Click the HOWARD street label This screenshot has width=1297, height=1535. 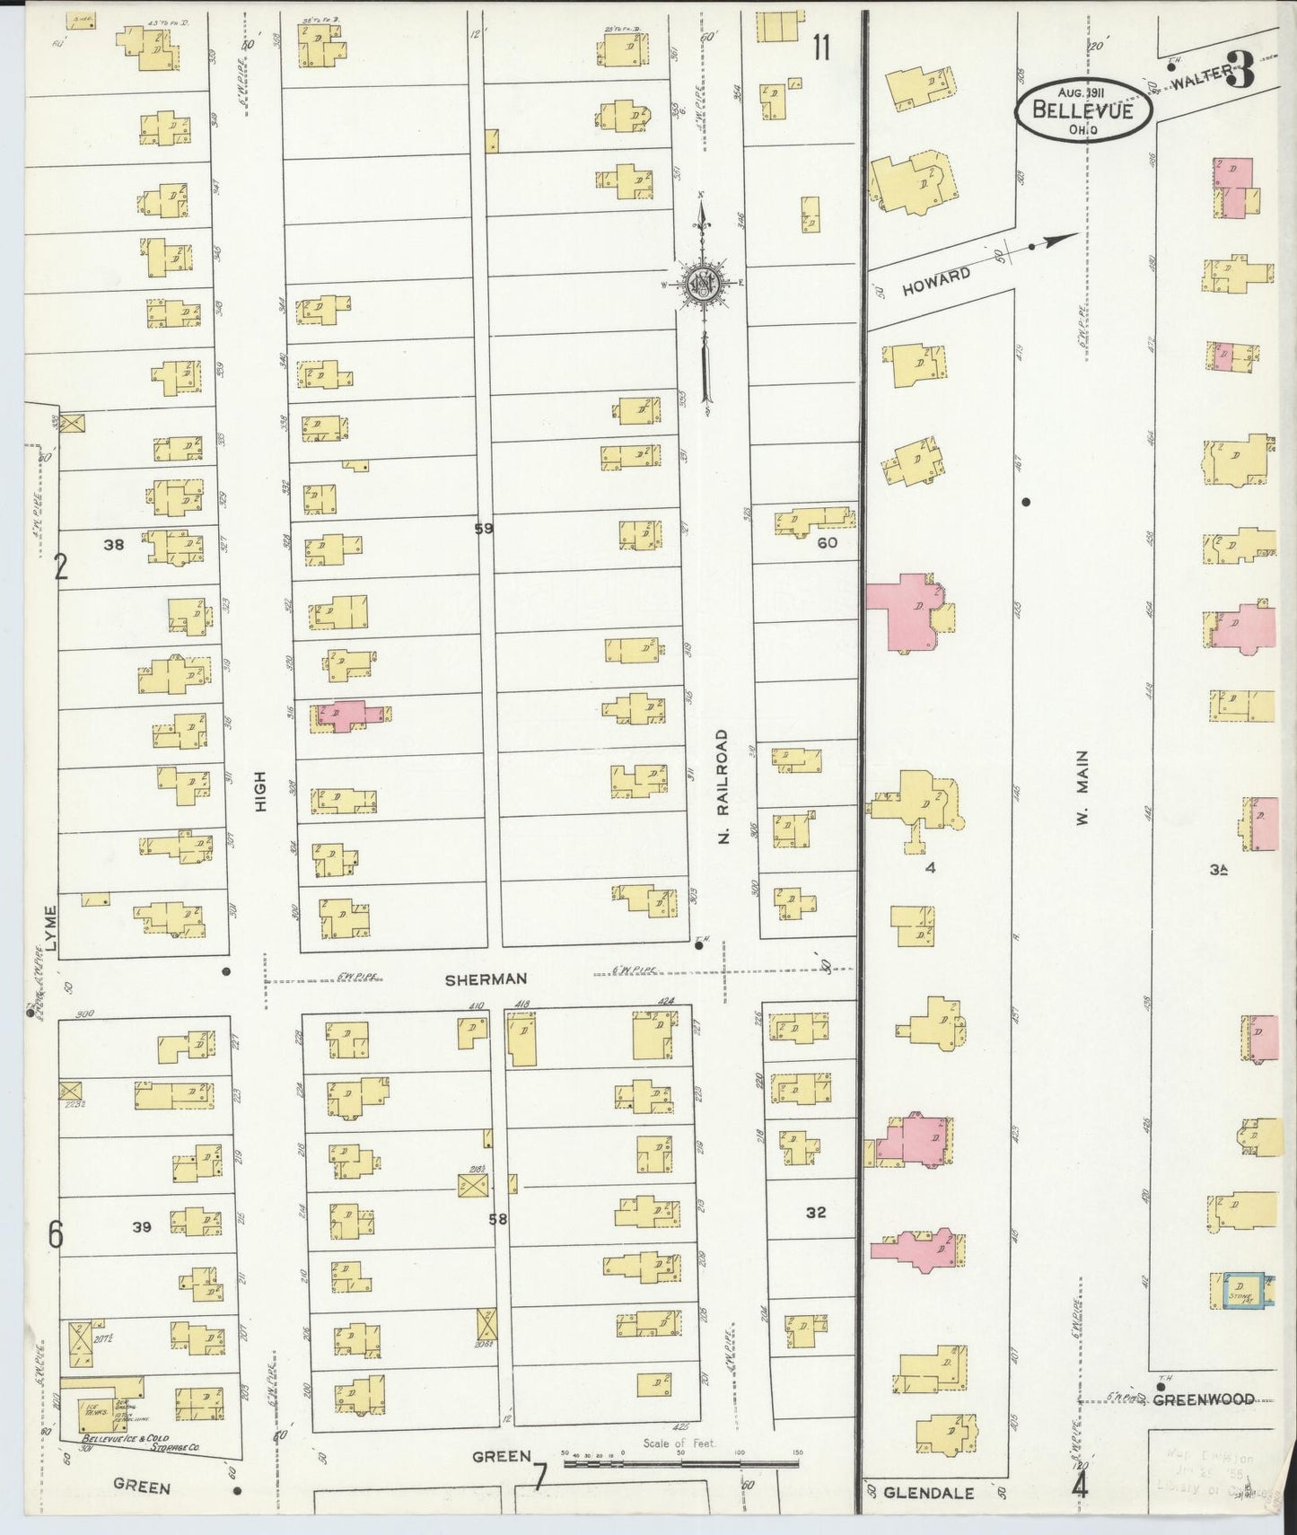[936, 281]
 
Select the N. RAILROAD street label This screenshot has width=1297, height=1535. [725, 785]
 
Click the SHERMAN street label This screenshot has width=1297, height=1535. [485, 979]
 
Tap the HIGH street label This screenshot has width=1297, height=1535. [261, 792]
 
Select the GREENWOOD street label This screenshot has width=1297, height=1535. [1203, 1399]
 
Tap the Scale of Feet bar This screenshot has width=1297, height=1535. [680, 1463]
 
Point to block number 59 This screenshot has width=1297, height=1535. [484, 529]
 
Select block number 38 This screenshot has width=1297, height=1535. [113, 543]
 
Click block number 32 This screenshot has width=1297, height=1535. [815, 1213]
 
